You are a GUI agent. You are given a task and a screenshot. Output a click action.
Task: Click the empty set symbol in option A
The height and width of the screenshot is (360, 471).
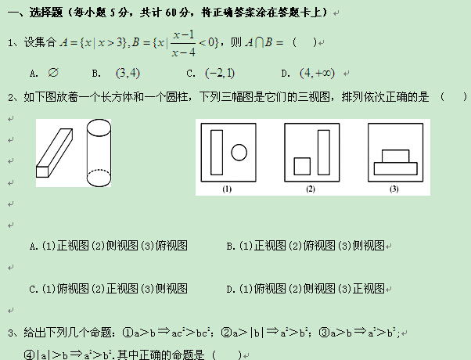click(53, 73)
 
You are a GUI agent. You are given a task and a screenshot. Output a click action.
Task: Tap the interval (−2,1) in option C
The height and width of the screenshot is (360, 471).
click(220, 73)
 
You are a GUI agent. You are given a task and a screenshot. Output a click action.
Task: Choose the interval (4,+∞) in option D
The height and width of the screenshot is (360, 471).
click(317, 73)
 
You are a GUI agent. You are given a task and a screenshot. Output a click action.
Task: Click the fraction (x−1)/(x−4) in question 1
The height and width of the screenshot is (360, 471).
click(184, 44)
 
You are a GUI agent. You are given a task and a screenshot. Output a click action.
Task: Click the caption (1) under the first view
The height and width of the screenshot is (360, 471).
click(227, 189)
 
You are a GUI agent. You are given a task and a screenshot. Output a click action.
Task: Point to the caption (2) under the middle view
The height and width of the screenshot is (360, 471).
click(311, 189)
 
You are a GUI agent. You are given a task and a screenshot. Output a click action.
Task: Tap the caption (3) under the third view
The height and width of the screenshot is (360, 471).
click(394, 189)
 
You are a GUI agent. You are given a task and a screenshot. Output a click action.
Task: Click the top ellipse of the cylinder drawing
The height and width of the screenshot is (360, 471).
click(99, 120)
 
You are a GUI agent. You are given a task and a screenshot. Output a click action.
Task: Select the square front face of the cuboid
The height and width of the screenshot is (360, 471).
click(42, 171)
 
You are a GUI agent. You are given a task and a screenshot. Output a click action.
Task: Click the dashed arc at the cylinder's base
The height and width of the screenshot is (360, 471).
click(99, 170)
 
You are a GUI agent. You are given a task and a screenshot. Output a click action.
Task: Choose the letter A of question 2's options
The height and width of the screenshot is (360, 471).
click(33, 247)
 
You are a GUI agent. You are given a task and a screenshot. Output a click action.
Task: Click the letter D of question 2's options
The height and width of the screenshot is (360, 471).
click(230, 290)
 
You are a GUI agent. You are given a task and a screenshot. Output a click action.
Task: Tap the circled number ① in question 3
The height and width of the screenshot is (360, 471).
click(128, 333)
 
